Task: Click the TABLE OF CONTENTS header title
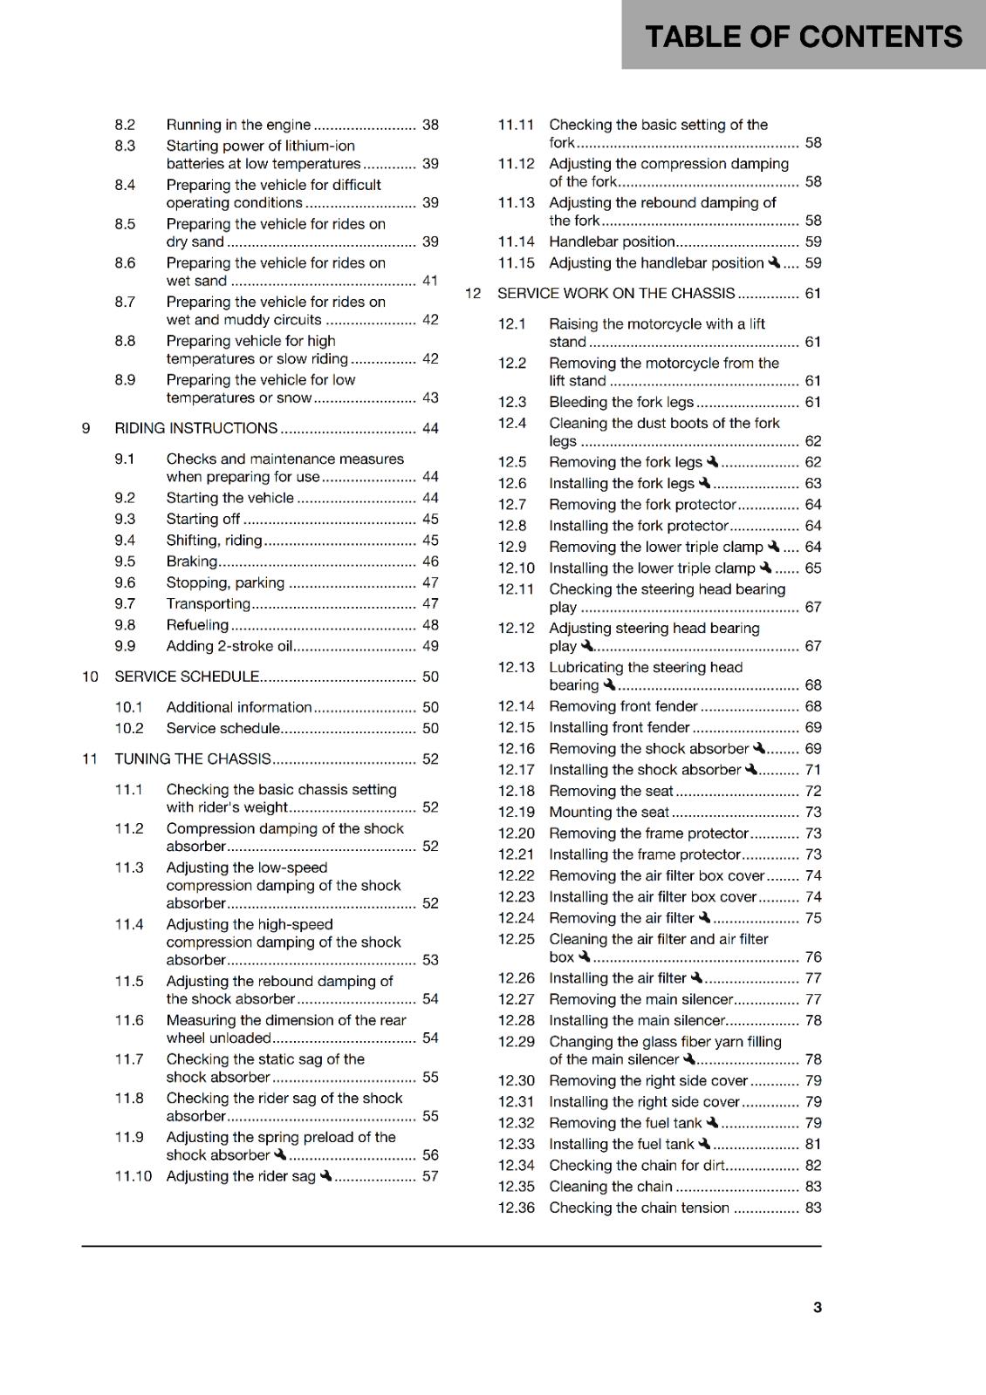point(803,37)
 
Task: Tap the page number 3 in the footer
point(817,1307)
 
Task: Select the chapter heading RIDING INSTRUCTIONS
point(196,428)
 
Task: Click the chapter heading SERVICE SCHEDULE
point(188,677)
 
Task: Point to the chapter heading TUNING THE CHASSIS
point(193,759)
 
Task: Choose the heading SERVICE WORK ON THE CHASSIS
point(616,294)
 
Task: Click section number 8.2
point(125,125)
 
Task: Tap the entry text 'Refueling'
point(197,625)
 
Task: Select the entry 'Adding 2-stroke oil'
point(229,646)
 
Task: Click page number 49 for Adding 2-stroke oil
point(430,646)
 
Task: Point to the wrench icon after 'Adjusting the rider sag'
point(325,1175)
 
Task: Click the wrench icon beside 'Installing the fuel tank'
point(704,1143)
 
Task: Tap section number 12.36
point(516,1208)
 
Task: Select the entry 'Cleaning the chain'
point(611,1187)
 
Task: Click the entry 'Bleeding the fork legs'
point(621,402)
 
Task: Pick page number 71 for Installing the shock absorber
point(813,770)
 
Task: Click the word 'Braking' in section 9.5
point(192,561)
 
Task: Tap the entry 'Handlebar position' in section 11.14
point(612,242)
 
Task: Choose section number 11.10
point(133,1176)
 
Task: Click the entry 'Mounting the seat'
point(609,813)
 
